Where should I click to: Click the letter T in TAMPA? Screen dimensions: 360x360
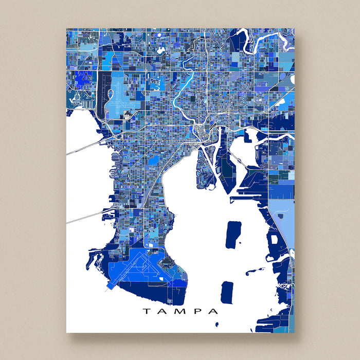[x=146, y=311]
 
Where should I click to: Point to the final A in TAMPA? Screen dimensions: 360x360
[x=214, y=311]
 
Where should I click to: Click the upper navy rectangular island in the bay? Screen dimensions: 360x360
[x=233, y=234]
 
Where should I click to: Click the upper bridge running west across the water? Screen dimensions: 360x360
[x=85, y=147]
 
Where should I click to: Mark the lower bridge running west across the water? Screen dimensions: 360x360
[x=85, y=217]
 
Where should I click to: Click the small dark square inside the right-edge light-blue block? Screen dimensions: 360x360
[x=274, y=239]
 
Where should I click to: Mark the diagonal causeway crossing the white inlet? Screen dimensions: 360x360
[x=237, y=161]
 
